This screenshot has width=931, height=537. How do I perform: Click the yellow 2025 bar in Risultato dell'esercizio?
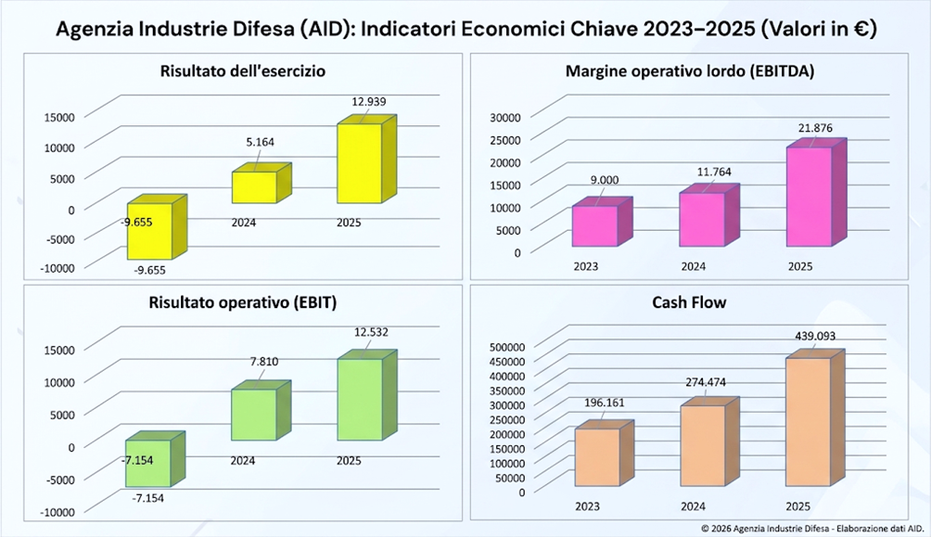pyautogui.click(x=366, y=160)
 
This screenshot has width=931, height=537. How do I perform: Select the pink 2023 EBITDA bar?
pyautogui.click(x=602, y=222)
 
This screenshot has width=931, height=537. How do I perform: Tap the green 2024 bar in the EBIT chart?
pyautogui.click(x=261, y=411)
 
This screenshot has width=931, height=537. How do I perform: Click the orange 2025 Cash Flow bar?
pyautogui.click(x=814, y=417)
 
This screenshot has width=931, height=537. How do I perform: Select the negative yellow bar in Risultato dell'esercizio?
pyautogui.click(x=157, y=227)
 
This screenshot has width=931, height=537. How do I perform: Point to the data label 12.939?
pyautogui.click(x=369, y=102)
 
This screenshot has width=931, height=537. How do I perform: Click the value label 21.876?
pyautogui.click(x=815, y=128)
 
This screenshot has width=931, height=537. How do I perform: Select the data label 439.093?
pyautogui.click(x=815, y=337)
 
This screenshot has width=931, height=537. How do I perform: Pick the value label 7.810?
pyautogui.click(x=264, y=361)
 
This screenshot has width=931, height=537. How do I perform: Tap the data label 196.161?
pyautogui.click(x=605, y=403)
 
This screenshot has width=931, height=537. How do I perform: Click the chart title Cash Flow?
pyautogui.click(x=689, y=302)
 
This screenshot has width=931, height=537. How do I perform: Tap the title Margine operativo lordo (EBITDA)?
pyautogui.click(x=690, y=71)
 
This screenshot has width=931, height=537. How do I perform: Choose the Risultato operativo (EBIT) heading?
pyautogui.click(x=243, y=302)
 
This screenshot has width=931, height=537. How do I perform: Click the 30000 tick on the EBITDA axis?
pyautogui.click(x=505, y=118)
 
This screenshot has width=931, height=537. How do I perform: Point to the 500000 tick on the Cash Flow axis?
pyautogui.click(x=507, y=347)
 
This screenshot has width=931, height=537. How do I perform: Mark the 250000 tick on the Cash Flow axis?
pyautogui.click(x=507, y=419)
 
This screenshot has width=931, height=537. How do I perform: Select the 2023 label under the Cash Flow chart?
pyautogui.click(x=587, y=506)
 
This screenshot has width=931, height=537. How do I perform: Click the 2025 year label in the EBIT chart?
pyautogui.click(x=349, y=461)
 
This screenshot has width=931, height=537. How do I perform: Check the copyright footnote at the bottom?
pyautogui.click(x=813, y=528)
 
